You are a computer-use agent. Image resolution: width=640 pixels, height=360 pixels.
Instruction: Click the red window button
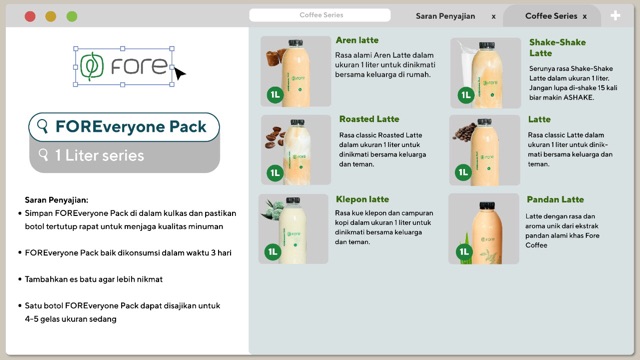[30, 16]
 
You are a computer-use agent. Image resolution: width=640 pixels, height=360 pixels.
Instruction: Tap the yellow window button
[51, 16]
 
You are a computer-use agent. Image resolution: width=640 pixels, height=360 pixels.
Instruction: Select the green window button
[72, 16]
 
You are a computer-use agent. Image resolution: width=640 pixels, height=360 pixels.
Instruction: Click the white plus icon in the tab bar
[615, 16]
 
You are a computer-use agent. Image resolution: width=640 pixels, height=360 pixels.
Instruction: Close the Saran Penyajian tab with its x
[493, 17]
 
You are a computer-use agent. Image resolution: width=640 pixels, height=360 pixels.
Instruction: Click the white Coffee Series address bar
[320, 15]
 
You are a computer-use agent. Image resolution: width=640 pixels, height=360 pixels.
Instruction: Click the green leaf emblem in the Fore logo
[91, 66]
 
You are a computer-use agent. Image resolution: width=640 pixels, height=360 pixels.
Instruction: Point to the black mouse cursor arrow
[179, 73]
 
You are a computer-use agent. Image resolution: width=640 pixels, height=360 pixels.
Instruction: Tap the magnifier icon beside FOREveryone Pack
[42, 126]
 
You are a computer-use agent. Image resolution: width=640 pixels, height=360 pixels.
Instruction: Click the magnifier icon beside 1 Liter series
[43, 155]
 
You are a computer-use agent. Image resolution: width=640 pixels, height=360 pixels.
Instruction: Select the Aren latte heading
[357, 40]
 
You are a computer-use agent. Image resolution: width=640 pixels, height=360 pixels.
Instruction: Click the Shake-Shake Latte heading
[557, 48]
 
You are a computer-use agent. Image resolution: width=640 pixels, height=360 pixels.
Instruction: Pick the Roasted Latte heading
[369, 119]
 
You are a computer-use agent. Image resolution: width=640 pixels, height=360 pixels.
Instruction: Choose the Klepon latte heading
[362, 199]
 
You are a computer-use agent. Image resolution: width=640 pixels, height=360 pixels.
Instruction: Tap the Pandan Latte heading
[555, 200]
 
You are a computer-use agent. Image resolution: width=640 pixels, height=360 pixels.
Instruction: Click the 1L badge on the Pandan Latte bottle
[464, 251]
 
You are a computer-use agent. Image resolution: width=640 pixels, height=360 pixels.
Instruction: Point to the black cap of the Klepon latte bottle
[293, 200]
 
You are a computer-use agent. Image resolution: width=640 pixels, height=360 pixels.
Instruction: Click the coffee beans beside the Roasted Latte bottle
[274, 137]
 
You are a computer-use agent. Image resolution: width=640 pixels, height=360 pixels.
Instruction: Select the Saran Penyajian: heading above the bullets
[56, 200]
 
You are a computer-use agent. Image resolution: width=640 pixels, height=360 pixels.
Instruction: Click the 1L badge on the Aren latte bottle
[275, 95]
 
